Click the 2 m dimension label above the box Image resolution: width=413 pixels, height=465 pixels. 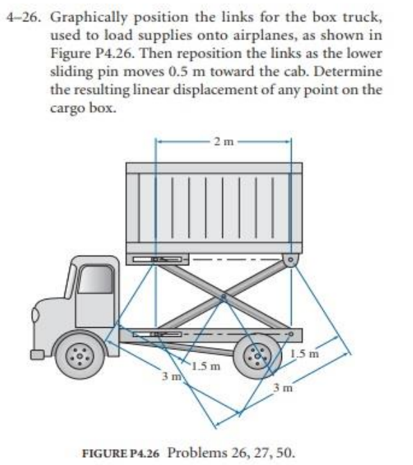point(221,143)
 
